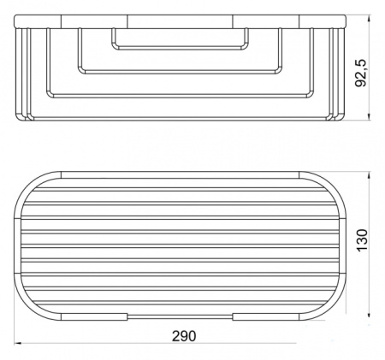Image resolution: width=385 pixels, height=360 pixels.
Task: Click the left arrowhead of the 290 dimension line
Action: tap(19, 345)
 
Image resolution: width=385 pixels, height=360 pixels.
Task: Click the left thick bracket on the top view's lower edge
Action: tap(97, 316)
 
